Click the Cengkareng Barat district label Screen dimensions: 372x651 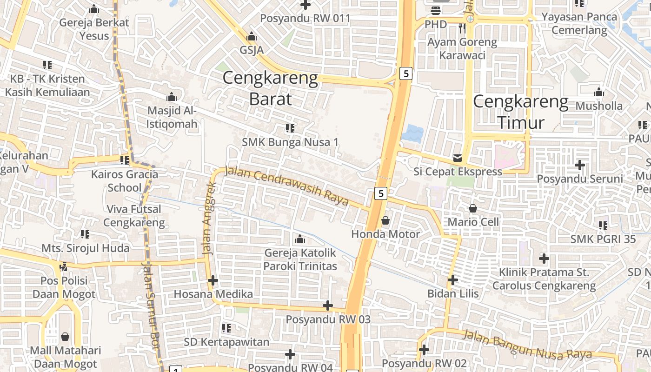(270, 88)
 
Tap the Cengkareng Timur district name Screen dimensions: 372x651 (521, 112)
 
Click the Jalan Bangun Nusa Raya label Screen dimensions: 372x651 (527, 345)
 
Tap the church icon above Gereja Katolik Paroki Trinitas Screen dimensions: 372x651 (300, 239)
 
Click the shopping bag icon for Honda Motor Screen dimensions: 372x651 (385, 220)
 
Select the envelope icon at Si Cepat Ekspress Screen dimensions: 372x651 (458, 158)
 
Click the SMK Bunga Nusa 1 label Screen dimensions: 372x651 (290, 142)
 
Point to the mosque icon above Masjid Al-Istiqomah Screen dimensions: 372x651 (172, 97)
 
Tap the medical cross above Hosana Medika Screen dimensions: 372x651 (213, 280)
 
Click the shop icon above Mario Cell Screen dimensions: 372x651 (473, 208)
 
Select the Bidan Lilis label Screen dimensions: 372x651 (453, 294)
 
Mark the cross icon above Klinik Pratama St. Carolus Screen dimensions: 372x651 (544, 258)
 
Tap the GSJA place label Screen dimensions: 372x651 (252, 50)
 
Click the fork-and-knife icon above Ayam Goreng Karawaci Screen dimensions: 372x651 (462, 28)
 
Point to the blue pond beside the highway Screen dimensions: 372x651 (412, 134)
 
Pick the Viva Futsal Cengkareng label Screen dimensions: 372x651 (134, 216)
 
